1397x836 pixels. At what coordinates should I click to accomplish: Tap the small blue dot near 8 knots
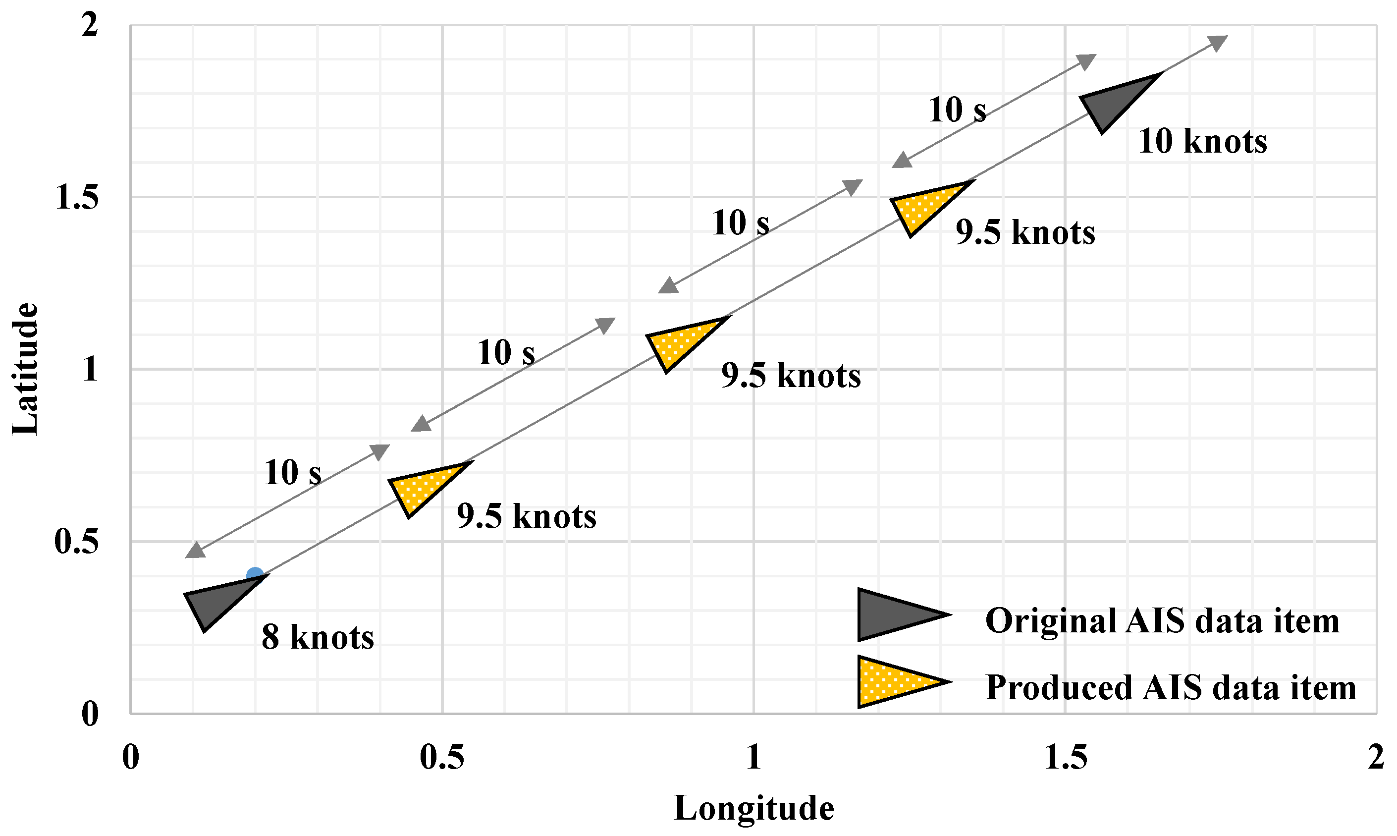tap(255, 575)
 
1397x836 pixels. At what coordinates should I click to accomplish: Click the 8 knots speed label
tap(318, 637)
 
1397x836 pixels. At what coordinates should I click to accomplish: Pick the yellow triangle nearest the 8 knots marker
tap(422, 486)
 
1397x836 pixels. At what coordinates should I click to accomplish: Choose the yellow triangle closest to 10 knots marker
tap(923, 205)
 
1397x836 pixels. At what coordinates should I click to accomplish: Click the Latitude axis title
tap(25, 370)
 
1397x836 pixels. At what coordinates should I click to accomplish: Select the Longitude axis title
tap(753, 808)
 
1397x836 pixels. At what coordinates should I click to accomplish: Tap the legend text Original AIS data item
tap(1162, 621)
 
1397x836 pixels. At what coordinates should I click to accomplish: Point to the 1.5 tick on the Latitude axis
tap(77, 197)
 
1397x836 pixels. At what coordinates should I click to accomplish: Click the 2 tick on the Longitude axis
tap(1376, 757)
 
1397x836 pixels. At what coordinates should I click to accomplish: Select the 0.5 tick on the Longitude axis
tap(442, 757)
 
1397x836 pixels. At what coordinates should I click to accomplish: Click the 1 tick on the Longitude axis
tap(753, 757)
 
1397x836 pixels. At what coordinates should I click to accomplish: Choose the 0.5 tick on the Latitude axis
tap(77, 541)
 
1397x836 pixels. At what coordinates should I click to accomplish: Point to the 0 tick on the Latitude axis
tap(90, 714)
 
